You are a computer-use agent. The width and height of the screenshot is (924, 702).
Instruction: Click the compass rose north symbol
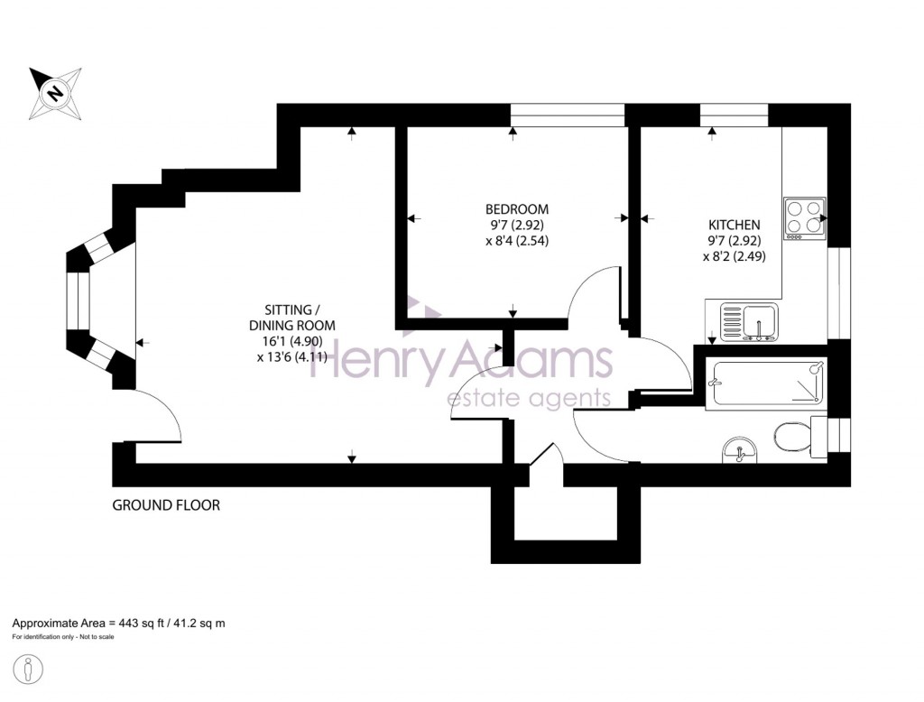coord(55,93)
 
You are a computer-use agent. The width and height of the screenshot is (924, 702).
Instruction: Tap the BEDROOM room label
coord(517,209)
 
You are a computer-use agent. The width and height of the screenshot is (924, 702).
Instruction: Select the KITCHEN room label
coord(735,226)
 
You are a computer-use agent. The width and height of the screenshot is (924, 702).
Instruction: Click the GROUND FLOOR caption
coord(166,505)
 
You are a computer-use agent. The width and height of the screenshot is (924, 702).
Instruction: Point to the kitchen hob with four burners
coord(805,218)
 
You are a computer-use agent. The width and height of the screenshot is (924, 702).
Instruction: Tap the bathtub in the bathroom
coord(769,383)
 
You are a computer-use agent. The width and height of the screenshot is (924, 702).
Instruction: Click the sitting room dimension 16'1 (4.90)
coord(293,341)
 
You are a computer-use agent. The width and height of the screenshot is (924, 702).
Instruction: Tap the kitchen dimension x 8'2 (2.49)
coord(735,257)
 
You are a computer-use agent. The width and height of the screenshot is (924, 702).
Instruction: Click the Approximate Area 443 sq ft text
coord(118,623)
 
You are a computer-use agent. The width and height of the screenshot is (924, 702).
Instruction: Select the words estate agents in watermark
coord(529,399)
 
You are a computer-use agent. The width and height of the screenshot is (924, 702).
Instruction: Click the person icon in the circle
coord(28,670)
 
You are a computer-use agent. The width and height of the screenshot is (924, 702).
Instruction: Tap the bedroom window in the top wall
coord(568,115)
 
